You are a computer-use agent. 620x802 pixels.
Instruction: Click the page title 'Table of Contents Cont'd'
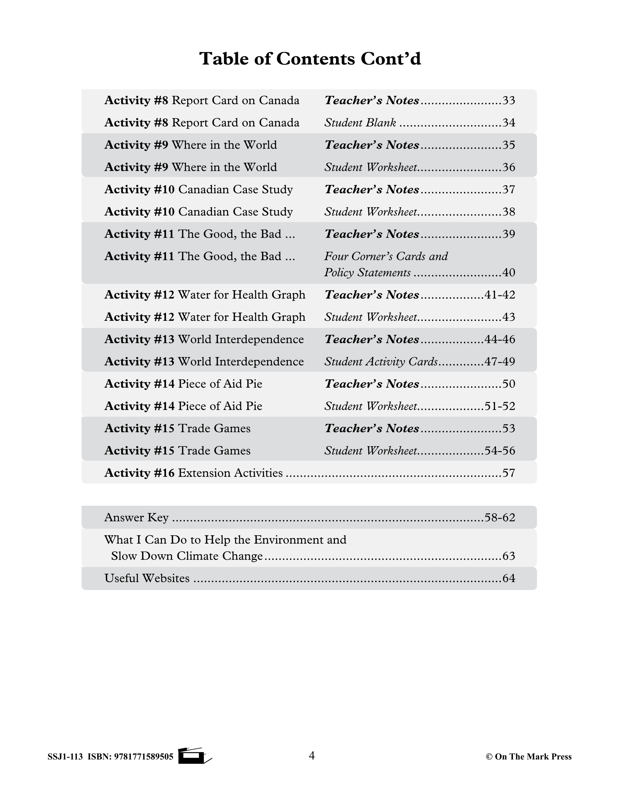click(310, 59)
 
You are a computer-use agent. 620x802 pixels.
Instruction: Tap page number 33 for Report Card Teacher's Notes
click(508, 100)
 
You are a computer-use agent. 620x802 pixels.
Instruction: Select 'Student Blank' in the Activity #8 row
click(360, 123)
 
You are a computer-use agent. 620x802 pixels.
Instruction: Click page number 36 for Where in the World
click(508, 167)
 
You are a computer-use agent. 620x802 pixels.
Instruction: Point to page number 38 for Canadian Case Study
click(508, 212)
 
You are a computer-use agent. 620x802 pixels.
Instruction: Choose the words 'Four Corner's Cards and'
click(386, 256)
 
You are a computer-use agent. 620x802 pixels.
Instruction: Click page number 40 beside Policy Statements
click(508, 272)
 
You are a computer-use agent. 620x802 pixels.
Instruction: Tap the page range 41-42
click(500, 295)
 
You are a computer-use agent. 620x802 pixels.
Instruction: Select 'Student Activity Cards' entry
click(381, 362)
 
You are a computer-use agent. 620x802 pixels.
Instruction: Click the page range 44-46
click(500, 339)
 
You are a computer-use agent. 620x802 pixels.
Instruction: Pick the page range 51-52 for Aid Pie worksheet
click(500, 406)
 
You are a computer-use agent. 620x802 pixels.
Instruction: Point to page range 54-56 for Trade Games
click(500, 451)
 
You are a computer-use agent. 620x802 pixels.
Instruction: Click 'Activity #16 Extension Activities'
click(193, 473)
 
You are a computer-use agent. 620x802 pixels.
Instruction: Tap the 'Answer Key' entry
click(136, 518)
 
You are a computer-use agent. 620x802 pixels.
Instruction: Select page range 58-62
click(500, 518)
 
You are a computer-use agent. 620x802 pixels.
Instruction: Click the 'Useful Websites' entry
click(147, 578)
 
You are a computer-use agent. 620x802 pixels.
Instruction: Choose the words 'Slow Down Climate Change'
click(187, 556)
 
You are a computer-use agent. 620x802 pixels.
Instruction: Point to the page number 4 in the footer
click(312, 755)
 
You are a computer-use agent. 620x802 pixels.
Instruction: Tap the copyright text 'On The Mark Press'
click(533, 757)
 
